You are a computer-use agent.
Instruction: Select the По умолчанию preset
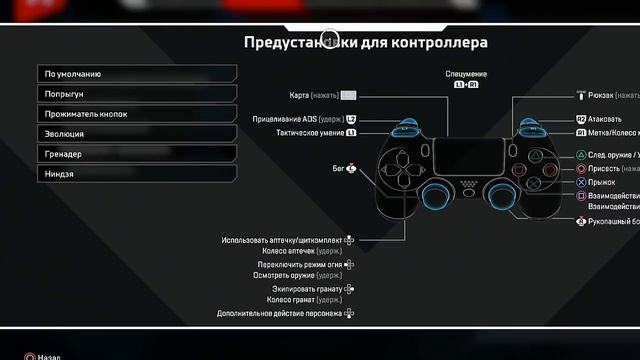(138, 74)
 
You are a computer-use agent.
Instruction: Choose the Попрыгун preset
(138, 94)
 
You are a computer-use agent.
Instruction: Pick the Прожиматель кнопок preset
(138, 114)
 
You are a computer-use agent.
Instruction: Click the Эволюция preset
(138, 134)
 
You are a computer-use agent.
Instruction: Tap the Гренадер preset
(138, 154)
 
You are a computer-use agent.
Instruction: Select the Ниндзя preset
(138, 174)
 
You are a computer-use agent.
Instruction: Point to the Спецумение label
(466, 74)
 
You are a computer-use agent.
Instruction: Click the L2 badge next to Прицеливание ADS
(351, 119)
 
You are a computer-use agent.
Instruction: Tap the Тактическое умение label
(310, 132)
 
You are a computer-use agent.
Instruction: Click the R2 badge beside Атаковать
(581, 119)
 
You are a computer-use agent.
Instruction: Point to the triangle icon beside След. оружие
(581, 156)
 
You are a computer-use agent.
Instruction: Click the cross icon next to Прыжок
(581, 183)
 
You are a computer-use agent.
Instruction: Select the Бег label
(338, 169)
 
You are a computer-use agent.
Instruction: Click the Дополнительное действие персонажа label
(279, 313)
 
